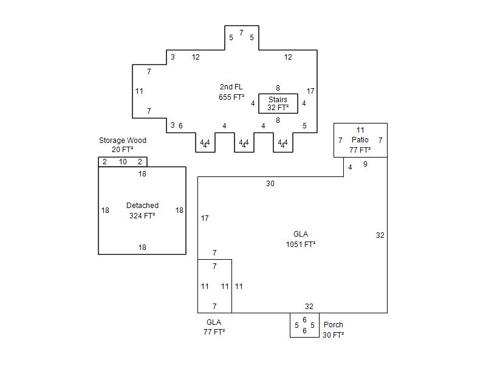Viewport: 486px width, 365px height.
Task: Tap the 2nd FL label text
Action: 231,87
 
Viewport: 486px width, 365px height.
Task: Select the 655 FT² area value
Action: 231,97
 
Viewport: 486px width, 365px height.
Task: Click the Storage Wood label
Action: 123,141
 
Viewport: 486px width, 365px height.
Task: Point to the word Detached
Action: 142,206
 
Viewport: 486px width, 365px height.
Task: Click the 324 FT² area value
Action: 142,216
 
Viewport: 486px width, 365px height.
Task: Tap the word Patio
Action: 360,140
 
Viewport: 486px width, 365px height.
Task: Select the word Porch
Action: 333,325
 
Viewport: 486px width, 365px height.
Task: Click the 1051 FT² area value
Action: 300,245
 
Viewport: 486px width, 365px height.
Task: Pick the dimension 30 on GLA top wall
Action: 270,184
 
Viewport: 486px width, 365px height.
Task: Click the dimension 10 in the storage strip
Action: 123,162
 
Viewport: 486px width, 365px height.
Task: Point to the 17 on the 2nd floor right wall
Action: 310,91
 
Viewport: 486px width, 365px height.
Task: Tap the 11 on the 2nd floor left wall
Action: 139,91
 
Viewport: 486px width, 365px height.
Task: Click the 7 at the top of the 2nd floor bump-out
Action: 241,33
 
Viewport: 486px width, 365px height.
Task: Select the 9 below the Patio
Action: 365,164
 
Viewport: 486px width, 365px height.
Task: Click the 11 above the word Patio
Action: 360,130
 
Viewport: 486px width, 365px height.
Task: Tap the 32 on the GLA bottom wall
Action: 309,307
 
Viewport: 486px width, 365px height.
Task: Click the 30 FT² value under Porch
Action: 333,335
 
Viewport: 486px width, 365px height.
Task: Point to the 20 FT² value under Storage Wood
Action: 123,150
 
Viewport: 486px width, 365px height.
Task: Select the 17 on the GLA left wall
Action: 205,218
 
